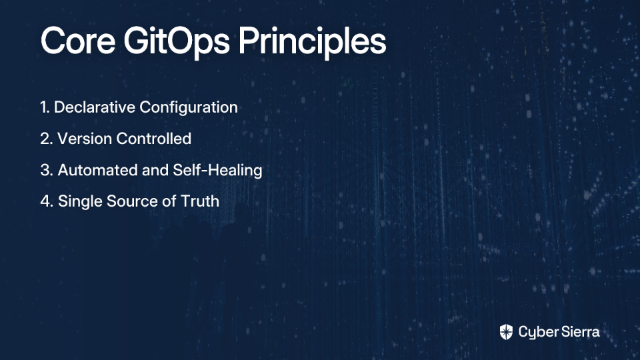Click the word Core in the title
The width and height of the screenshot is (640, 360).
point(78,41)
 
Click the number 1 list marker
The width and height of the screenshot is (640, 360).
point(45,107)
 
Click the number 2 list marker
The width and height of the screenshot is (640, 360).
point(47,139)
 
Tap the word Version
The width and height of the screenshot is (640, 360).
point(85,139)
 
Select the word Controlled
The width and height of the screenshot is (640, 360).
point(154,139)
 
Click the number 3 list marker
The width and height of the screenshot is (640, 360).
point(47,170)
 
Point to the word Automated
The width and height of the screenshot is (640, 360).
point(97,170)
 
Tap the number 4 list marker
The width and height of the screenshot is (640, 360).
point(47,201)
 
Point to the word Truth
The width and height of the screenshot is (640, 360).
point(200,201)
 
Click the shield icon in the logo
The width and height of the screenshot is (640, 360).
point(506,332)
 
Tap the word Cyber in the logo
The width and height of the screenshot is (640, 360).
point(536,333)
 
